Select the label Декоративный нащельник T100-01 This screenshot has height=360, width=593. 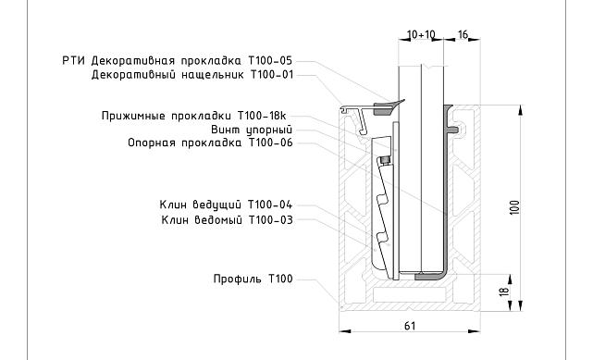(191, 74)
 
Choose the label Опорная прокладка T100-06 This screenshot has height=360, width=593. (210, 143)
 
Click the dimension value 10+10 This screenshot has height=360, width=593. (422, 33)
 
